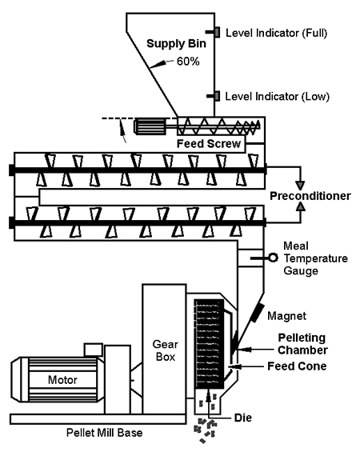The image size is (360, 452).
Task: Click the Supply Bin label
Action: (176, 43)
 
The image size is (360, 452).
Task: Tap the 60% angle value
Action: (188, 62)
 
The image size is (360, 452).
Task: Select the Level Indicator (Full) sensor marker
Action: (217, 32)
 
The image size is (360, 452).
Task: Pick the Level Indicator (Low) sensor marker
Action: (217, 96)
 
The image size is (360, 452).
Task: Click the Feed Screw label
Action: (209, 143)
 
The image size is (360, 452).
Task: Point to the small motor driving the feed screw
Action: (150, 126)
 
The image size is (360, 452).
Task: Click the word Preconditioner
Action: (310, 196)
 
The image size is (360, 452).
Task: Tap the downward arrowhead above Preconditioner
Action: (300, 186)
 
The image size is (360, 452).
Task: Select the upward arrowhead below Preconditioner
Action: (301, 206)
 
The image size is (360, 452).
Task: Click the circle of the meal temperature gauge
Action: (273, 258)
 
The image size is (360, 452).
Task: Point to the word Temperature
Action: (316, 258)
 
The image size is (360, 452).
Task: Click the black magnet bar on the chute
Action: (257, 313)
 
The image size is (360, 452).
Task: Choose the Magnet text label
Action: (286, 316)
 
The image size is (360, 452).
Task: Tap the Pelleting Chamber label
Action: (302, 344)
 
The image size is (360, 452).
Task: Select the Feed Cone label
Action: (297, 366)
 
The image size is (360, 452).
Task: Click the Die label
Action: (243, 418)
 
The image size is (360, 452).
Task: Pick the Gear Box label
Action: (165, 350)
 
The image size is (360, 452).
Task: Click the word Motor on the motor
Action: (62, 380)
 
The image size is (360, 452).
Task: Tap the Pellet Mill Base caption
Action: (104, 433)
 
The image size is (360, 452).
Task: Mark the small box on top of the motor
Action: (94, 350)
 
